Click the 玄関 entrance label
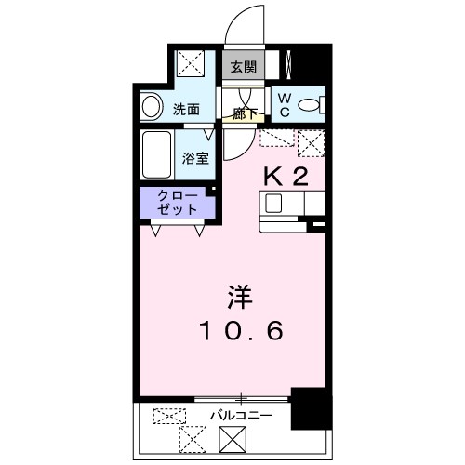coord(244,67)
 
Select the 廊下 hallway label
coord(246,113)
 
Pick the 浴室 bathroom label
coord(194,157)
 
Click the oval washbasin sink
coord(150,108)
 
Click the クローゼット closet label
coord(177,203)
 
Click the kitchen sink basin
coord(275,203)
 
